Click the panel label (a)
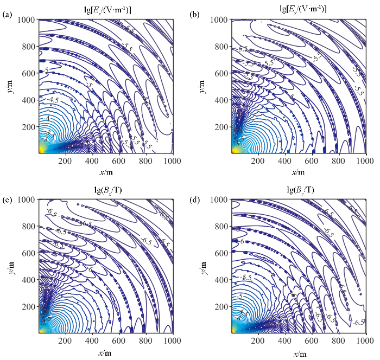pos(7,15)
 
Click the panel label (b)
pos(194,15)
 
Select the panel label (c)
pos(7,196)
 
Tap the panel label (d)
pos(194,196)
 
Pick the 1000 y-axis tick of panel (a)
pos(28,20)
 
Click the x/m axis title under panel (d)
pos(298,353)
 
